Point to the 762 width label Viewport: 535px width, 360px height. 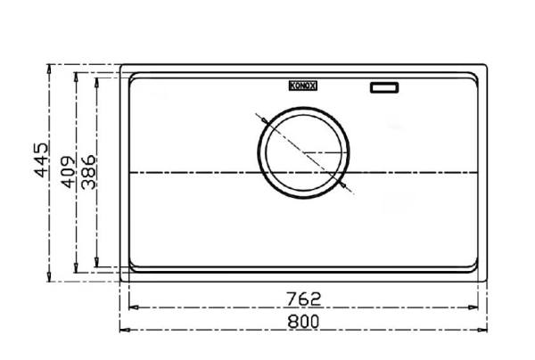tap(304, 297)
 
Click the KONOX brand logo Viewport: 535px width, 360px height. tap(302, 86)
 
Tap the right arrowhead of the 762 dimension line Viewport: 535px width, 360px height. tap(478, 306)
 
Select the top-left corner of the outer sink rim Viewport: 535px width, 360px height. tap(122, 66)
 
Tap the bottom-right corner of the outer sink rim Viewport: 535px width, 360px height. tap(488, 281)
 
